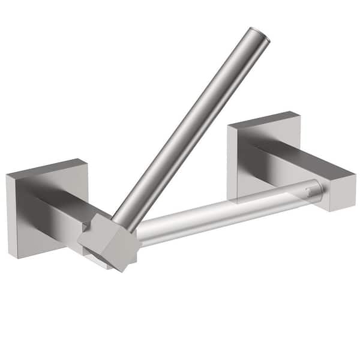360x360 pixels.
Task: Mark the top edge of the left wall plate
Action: point(47,166)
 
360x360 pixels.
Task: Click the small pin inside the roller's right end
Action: point(308,192)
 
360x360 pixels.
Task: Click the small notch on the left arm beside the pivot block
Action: point(86,227)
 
